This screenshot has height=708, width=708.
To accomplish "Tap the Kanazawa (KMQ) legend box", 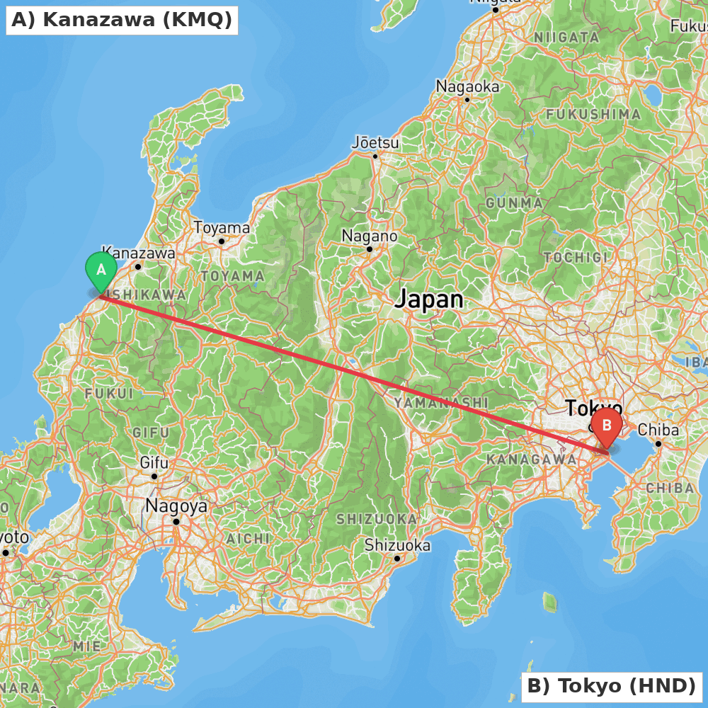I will click(x=122, y=20).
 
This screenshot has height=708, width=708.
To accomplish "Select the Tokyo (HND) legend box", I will click(x=612, y=686).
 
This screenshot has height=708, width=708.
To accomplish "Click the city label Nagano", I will click(x=369, y=236).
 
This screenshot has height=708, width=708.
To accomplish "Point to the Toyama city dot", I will click(x=222, y=241).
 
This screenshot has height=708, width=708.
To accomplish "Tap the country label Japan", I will click(x=429, y=299).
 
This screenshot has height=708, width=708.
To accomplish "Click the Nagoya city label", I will click(x=176, y=506).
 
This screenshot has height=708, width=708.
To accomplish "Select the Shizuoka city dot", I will click(x=398, y=559).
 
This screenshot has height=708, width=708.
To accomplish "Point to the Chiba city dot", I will click(x=658, y=444).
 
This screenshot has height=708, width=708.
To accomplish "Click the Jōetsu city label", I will click(x=375, y=143).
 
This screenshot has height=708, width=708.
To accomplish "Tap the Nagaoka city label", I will click(x=467, y=87).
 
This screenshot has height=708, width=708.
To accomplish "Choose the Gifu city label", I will click(x=154, y=463).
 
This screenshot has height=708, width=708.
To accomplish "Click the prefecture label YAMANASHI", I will click(x=442, y=403).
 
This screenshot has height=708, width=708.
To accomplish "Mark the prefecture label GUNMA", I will click(x=515, y=203).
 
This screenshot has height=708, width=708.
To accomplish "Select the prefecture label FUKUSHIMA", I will click(x=593, y=114).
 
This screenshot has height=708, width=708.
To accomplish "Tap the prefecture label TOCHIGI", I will click(x=576, y=257).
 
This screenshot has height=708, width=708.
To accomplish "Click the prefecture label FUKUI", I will click(x=108, y=393).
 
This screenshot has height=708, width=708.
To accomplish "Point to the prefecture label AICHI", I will click(x=248, y=539).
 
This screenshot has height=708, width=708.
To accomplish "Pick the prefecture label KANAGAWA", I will click(x=532, y=459).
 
